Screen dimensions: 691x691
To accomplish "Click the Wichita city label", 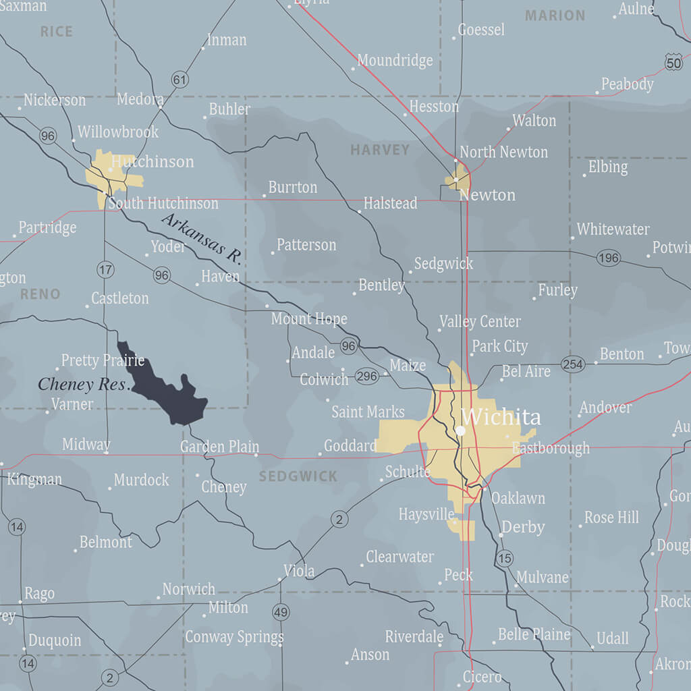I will point(501,416).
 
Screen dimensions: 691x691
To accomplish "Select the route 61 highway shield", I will point(179,80).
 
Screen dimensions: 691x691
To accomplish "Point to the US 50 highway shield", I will point(673,62).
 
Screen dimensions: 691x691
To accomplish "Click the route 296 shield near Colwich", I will point(366,376).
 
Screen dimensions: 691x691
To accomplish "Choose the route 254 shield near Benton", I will point(572,364).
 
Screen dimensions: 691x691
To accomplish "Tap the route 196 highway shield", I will point(608,258).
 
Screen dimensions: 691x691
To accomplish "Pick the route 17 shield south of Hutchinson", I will point(105,270).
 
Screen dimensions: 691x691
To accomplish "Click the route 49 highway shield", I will point(281,613).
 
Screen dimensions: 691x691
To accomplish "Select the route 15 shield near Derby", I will point(504,558).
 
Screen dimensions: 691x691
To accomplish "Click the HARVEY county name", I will point(380,150).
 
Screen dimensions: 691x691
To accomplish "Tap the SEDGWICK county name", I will point(298,476).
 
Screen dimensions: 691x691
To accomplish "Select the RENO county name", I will point(40,294).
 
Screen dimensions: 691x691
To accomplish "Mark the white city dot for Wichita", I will point(460,430).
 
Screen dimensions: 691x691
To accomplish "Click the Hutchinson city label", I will point(153,162).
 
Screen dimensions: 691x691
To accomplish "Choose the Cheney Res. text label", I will point(83,385).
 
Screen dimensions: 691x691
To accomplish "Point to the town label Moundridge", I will point(395,61).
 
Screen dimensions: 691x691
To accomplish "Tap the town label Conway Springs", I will point(234,636).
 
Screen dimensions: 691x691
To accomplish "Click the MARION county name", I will point(555,15).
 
